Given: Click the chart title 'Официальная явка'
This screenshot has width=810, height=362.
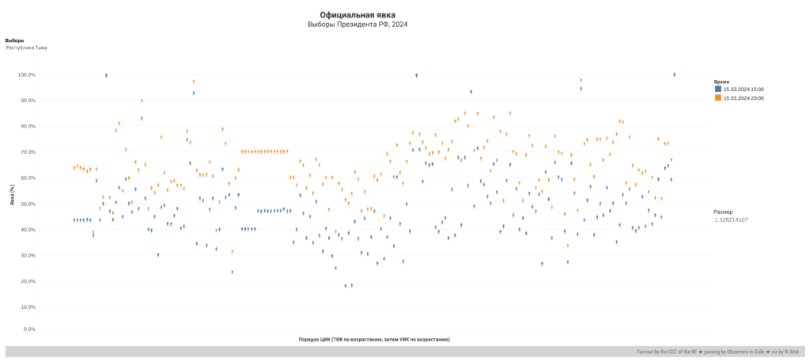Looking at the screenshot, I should click(x=358, y=14).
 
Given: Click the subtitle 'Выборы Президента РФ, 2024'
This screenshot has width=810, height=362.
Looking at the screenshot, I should click(x=358, y=25).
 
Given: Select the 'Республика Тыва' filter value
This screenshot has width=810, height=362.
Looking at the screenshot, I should click(x=27, y=48).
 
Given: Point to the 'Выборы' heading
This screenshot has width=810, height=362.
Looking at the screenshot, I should click(x=14, y=40).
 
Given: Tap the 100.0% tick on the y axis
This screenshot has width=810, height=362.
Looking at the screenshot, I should click(x=27, y=75).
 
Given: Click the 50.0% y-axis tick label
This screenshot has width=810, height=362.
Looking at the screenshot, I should click(x=28, y=204).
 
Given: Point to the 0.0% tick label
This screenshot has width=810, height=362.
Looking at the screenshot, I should click(x=29, y=329).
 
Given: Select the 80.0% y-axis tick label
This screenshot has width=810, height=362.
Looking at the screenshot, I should click(x=28, y=127).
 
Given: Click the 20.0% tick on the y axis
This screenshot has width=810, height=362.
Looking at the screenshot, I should click(x=28, y=281).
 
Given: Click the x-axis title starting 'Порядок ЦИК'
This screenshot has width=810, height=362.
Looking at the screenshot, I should click(x=374, y=339).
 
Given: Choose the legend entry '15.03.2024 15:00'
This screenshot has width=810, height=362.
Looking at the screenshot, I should click(x=744, y=90).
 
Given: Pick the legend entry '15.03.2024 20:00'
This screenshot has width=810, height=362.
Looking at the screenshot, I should click(x=744, y=97).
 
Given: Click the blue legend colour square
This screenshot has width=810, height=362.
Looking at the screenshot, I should click(x=717, y=90).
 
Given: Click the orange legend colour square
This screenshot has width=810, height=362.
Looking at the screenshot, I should click(x=717, y=97).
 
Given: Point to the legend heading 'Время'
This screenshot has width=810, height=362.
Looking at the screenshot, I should click(x=721, y=82).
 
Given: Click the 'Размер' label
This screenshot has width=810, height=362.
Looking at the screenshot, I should click(x=723, y=211).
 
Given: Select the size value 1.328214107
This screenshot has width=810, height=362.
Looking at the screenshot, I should click(x=731, y=219).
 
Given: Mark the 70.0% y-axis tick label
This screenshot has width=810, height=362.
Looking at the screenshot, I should click(x=28, y=152).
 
